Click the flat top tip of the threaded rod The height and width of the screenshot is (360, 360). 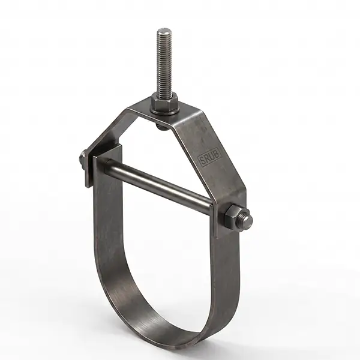click(163, 30)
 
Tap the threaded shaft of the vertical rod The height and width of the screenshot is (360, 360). click(164, 62)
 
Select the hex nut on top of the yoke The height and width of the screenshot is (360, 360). click(164, 101)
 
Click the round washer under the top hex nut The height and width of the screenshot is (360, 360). click(164, 112)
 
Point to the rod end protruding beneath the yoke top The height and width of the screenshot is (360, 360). click(161, 127)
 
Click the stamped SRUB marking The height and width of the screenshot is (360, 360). click(209, 157)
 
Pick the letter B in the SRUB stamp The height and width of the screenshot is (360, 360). click(217, 154)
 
